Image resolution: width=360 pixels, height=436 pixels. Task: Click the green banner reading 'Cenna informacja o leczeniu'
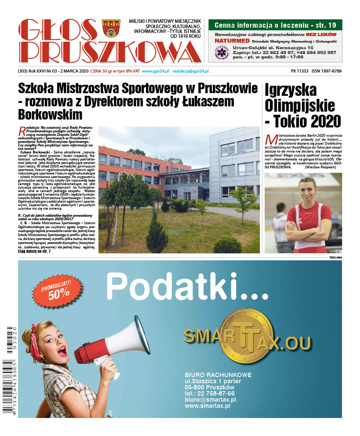pyautogui.click(x=275, y=25)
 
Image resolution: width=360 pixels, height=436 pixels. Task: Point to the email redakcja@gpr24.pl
pyautogui.click(x=190, y=71)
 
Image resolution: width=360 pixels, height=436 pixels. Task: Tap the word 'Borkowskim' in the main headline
pyautogui.click(x=50, y=115)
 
